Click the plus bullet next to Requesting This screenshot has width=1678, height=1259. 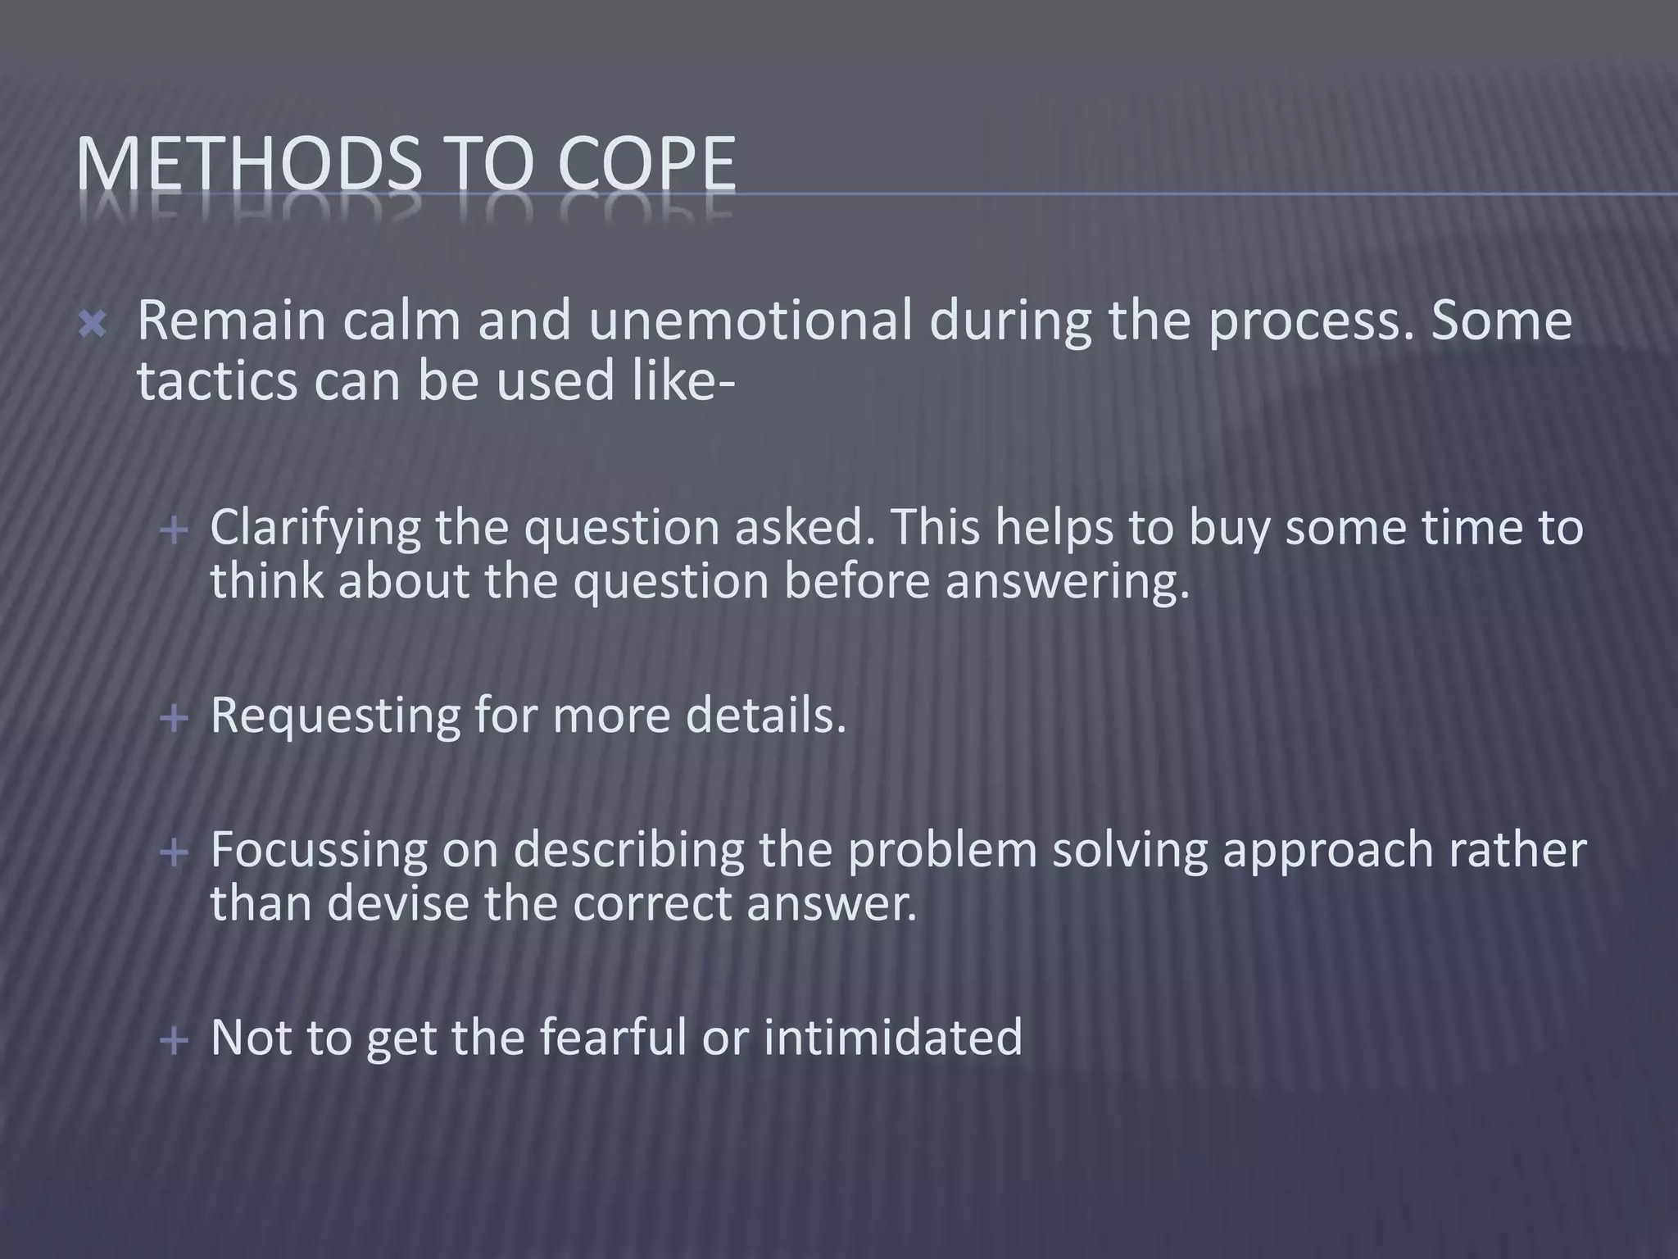click(x=174, y=720)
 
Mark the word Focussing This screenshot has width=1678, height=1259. click(x=320, y=851)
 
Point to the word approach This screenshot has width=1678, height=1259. click(x=1327, y=852)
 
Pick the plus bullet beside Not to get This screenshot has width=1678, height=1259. click(x=174, y=1042)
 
